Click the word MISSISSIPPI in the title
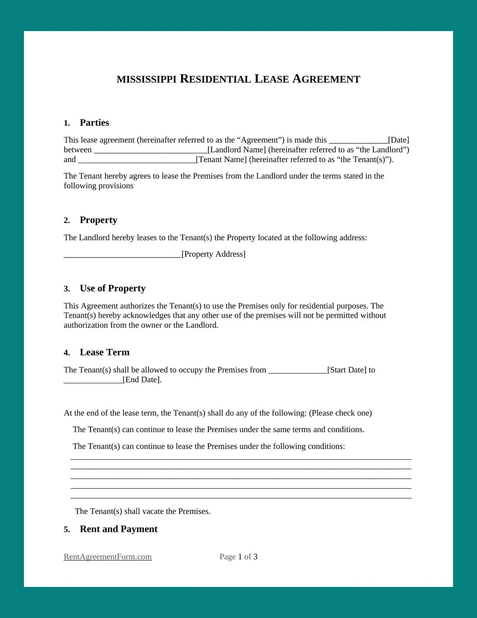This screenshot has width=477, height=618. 146,79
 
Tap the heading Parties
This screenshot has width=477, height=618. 94,123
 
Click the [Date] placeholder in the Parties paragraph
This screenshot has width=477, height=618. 398,140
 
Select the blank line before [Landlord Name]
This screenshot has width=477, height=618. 150,150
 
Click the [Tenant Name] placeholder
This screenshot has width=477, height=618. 221,159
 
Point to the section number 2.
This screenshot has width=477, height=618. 67,220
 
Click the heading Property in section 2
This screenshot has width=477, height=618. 98,220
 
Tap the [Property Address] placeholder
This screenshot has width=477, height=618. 213,254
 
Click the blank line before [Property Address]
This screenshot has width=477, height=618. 122,255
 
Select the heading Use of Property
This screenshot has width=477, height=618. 113,289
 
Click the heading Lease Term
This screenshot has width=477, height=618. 104,353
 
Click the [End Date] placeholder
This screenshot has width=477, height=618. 142,380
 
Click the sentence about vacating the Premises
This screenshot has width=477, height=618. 143,511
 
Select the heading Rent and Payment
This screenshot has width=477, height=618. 118,529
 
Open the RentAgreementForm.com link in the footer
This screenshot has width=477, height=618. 108,557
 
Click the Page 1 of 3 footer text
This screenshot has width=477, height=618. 238,557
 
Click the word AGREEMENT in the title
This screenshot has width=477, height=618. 326,79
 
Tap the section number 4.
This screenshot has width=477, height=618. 67,353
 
